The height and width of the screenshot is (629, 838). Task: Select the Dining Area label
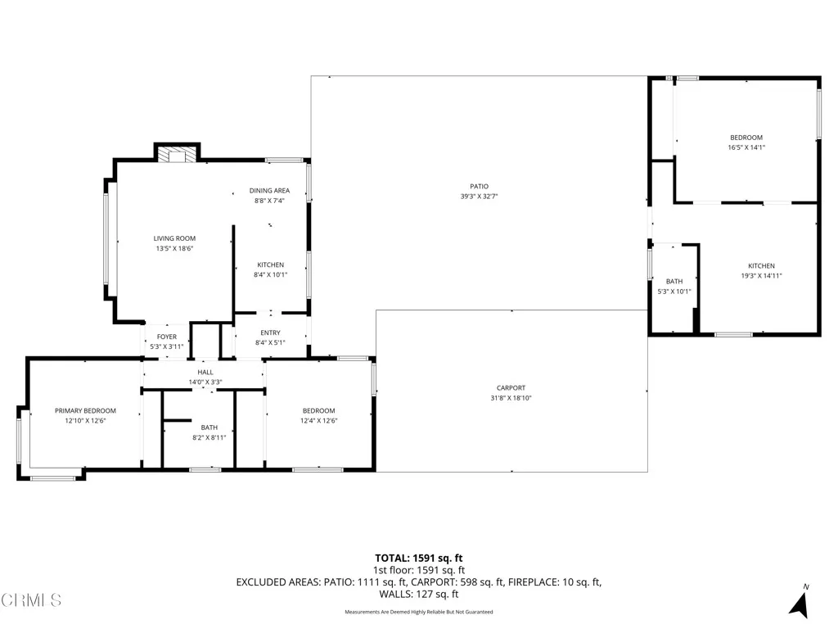269,191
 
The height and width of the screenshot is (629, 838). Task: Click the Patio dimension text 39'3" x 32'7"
479,197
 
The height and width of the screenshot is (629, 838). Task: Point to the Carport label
511,388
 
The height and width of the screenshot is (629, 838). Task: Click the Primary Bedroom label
85,411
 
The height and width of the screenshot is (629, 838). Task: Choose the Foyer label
166,337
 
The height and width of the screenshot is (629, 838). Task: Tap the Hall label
205,372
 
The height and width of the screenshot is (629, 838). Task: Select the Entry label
270,333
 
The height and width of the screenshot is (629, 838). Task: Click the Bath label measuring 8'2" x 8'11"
209,428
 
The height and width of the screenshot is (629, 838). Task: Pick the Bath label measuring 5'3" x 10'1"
674,281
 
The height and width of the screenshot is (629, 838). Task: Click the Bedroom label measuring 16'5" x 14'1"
746,138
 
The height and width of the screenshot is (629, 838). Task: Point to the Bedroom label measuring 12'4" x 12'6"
318,411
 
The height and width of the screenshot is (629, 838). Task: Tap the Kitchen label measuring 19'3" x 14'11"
760,266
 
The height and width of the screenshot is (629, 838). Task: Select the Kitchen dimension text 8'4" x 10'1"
270,275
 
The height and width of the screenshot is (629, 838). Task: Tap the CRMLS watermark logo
31,600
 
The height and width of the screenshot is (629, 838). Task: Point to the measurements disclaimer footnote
418,612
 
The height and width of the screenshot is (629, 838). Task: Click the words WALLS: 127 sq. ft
418,595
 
